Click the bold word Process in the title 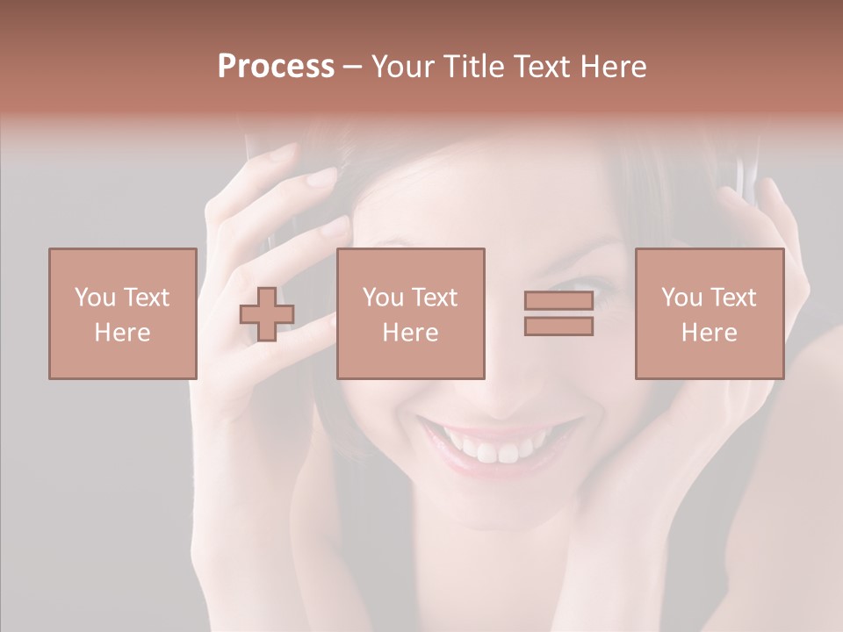[276, 67]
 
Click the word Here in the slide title [611, 67]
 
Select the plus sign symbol [267, 314]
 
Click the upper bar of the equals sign [558, 301]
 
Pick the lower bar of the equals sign [558, 326]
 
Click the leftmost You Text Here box [122, 313]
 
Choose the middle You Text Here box [410, 313]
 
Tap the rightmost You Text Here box [709, 313]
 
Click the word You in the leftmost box [93, 298]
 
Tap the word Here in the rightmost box [709, 333]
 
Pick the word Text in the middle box [434, 298]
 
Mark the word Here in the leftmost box [122, 333]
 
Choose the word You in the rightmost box [680, 298]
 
